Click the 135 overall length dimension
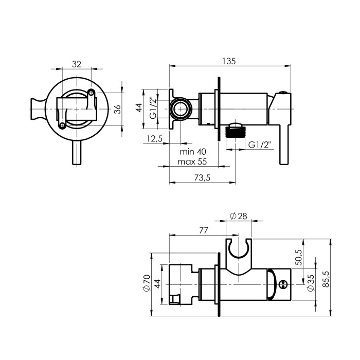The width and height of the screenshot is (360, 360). point(229,61)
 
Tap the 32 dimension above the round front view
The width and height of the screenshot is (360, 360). point(77,64)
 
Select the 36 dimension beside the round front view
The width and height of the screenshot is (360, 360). point(117,109)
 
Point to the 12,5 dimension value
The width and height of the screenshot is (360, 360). point(155,139)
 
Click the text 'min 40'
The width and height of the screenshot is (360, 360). point(193,152)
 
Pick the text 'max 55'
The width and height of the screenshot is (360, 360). point(192,161)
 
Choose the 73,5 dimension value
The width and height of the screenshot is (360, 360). point(202,178)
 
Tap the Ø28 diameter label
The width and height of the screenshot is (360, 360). point(239,216)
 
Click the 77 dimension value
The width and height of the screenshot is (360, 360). point(204,230)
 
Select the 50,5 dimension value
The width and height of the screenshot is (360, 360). point(299,257)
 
